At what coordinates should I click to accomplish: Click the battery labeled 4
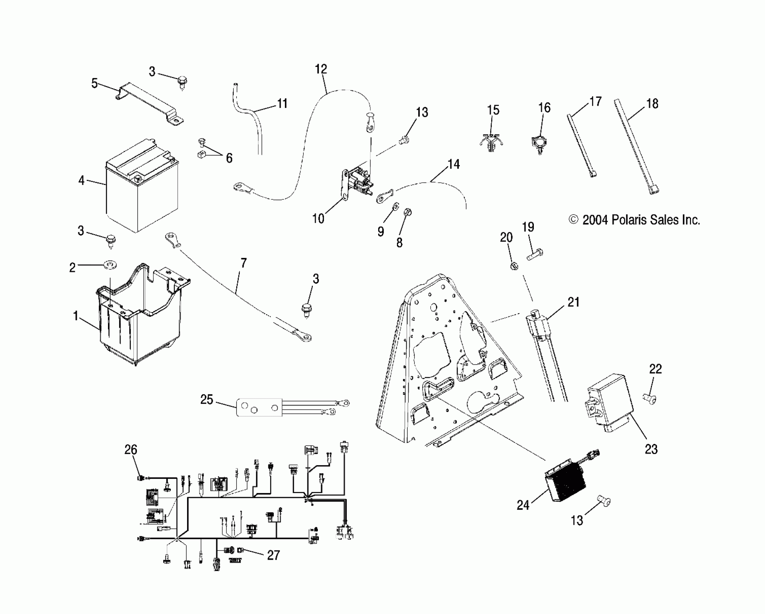[141, 188]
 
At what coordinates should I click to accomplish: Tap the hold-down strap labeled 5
[148, 103]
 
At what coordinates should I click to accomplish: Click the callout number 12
[321, 69]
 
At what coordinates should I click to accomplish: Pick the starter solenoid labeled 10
[356, 184]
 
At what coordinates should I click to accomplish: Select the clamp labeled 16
[539, 143]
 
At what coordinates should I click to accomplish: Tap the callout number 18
[652, 104]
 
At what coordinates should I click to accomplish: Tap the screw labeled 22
[649, 398]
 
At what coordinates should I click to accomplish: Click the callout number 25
[207, 400]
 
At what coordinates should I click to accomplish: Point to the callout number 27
[273, 555]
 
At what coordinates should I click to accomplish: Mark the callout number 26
[131, 450]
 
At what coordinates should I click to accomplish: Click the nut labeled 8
[407, 213]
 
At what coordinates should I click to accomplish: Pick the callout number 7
[243, 263]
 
